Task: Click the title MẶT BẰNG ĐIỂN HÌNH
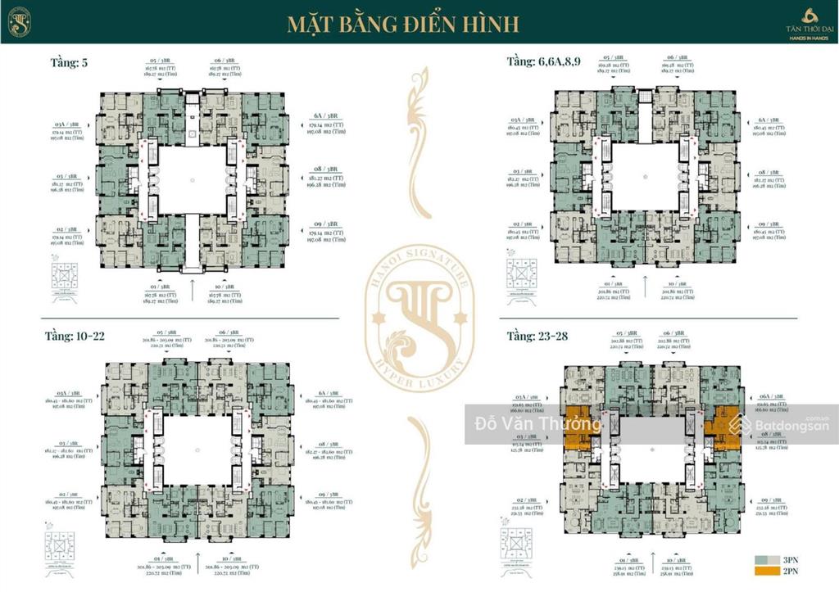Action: coord(402,23)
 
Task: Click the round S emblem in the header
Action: coord(20,22)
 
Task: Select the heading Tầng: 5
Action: coord(69,62)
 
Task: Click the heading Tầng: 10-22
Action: coord(75,336)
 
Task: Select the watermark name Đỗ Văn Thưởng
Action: coord(537,424)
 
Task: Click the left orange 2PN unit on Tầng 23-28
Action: coord(576,427)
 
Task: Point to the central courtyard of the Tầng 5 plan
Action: coord(192,180)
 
